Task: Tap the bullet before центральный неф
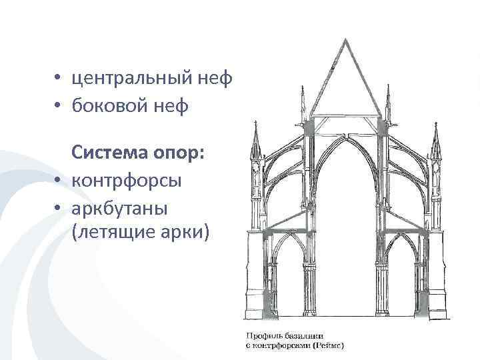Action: (59, 79)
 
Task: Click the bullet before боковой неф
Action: (59, 106)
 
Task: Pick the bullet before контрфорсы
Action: (59, 181)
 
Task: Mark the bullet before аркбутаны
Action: (59, 208)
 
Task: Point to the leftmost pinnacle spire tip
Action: (257, 122)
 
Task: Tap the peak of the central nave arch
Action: (346, 133)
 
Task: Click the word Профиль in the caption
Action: (260, 337)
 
